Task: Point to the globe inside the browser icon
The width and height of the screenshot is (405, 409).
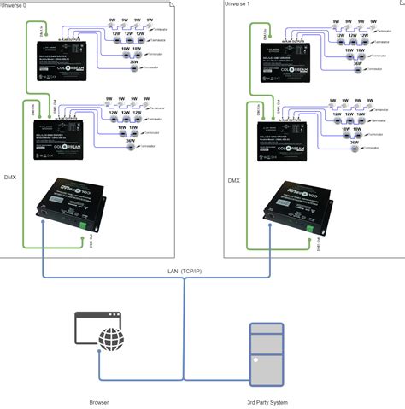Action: click(x=110, y=341)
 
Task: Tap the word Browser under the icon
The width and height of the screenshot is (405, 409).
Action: click(x=99, y=401)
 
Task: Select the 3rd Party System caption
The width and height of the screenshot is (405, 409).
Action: click(x=266, y=401)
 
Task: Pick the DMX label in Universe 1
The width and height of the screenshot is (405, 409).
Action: click(x=234, y=180)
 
